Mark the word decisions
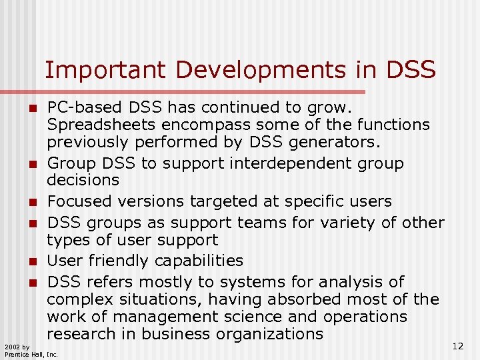tap(83, 180)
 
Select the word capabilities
tap(205, 261)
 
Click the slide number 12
tap(457, 345)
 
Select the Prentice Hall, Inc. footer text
tap(31, 355)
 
